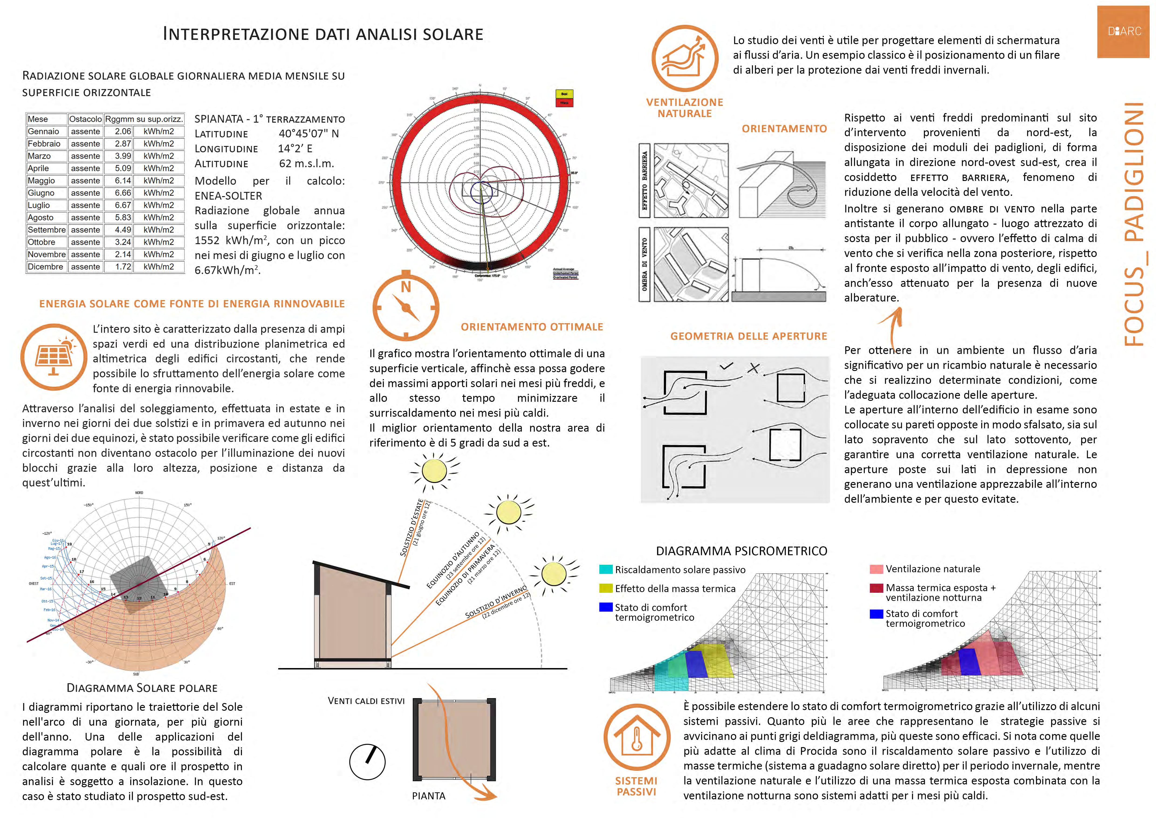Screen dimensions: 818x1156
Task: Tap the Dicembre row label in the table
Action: click(45, 267)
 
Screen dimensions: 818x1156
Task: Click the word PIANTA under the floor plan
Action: click(429, 796)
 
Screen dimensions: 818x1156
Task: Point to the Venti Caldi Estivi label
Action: click(366, 701)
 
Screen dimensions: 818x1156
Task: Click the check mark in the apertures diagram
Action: click(726, 366)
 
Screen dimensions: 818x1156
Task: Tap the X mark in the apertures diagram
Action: click(753, 368)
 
